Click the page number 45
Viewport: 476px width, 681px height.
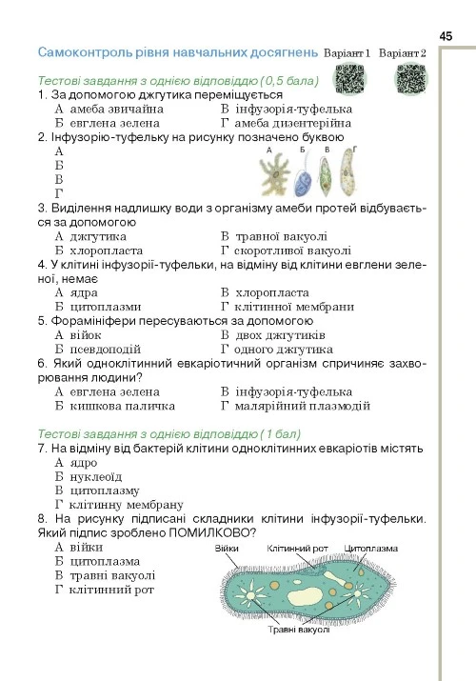click(x=446, y=35)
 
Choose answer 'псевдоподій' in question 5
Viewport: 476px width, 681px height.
click(x=105, y=349)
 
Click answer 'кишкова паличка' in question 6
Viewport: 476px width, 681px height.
click(x=113, y=406)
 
